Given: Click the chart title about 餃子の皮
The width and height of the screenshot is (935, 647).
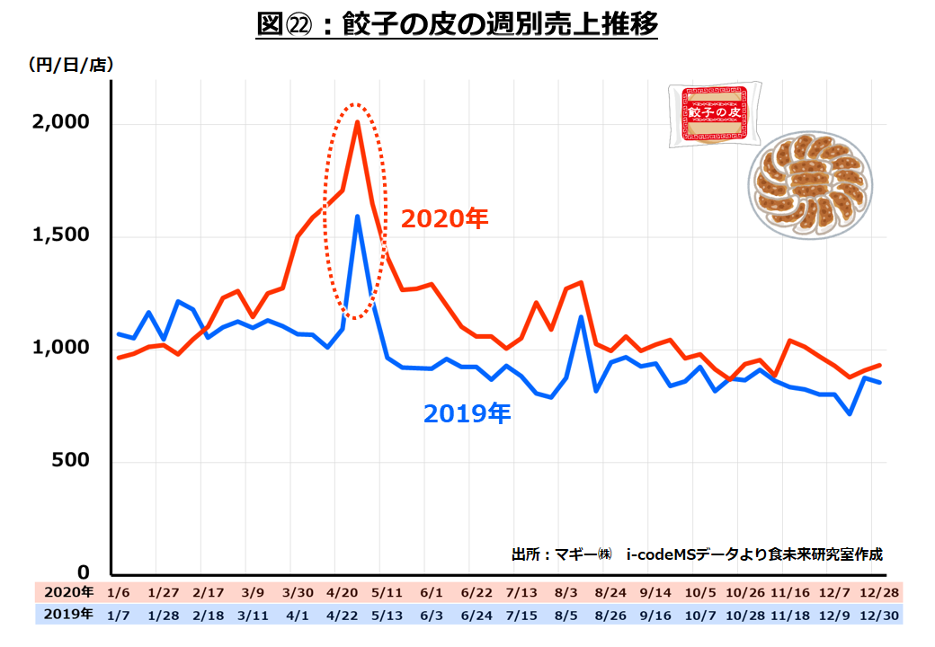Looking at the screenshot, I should (x=458, y=25).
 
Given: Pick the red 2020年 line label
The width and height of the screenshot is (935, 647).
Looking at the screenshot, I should (x=444, y=219).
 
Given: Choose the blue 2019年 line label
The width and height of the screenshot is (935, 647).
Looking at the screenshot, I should (x=467, y=413).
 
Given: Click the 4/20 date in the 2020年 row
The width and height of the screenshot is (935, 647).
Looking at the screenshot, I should (x=343, y=593).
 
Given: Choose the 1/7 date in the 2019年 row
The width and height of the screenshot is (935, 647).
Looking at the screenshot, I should (x=118, y=615).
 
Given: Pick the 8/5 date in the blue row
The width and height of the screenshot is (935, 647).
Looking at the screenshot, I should (x=566, y=615).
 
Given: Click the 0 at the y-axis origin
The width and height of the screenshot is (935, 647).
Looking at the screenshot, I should (x=83, y=572).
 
